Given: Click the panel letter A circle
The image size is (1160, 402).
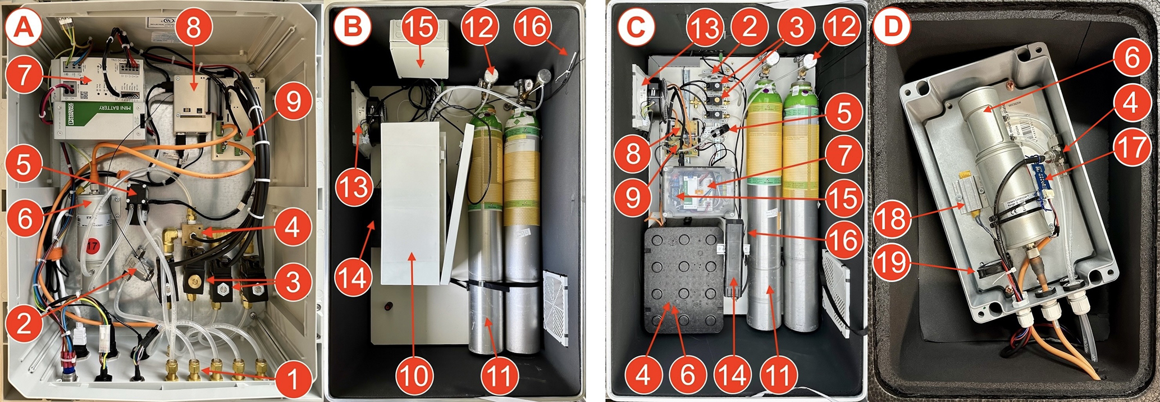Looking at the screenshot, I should [23, 25].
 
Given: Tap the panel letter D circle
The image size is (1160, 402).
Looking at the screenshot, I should [893, 25].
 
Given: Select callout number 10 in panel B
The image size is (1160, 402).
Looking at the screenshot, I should [414, 375].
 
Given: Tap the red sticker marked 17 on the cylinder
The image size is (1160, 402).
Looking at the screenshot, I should [92, 245].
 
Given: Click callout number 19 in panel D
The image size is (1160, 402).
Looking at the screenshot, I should [893, 261].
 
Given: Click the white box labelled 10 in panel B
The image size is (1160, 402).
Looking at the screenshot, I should [410, 202].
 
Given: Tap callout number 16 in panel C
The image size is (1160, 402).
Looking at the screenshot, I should [843, 240].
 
